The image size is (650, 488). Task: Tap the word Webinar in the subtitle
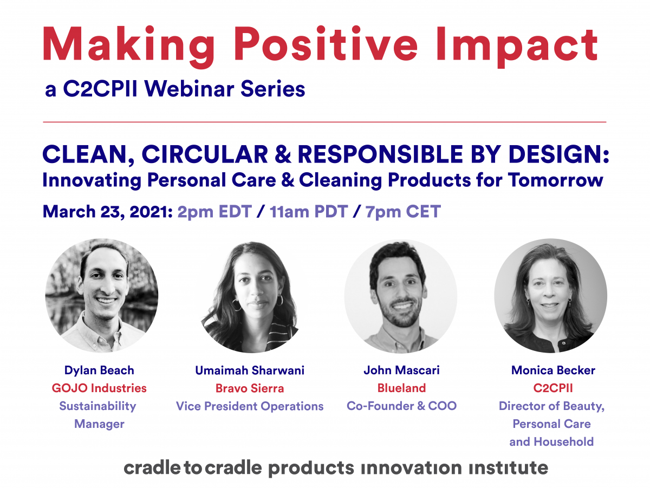(x=189, y=88)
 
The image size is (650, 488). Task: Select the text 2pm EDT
(x=214, y=212)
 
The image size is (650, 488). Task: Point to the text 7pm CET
(x=403, y=212)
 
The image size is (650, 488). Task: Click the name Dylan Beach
(x=99, y=370)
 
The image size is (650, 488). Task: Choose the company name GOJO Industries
(x=99, y=388)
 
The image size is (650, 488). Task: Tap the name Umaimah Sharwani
(x=250, y=370)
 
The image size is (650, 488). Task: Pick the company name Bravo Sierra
(x=250, y=388)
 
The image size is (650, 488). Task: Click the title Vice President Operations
(x=250, y=406)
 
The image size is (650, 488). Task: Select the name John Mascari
(x=401, y=370)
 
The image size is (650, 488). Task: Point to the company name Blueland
(x=401, y=388)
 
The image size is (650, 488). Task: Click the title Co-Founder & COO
(x=401, y=406)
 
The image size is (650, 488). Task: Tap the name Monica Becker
(x=553, y=370)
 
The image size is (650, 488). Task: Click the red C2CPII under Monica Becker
(x=553, y=388)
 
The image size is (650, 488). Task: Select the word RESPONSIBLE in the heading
(x=380, y=154)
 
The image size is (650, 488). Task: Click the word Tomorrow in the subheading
(x=556, y=180)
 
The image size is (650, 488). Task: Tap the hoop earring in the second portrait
(x=236, y=305)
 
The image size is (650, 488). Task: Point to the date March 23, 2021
(x=108, y=212)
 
